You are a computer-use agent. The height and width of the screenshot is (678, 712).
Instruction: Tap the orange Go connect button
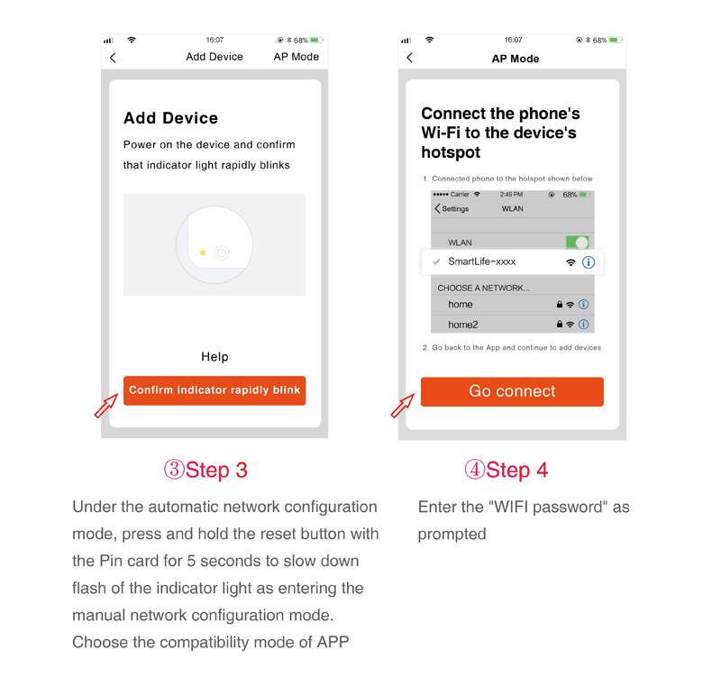[512, 391]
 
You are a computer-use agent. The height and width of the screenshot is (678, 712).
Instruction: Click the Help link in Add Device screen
[215, 356]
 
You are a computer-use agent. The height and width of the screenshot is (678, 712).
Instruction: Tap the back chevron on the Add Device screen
[113, 58]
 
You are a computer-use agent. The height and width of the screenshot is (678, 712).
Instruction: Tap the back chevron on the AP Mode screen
[409, 58]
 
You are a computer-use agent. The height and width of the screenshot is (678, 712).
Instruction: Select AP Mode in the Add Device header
[296, 57]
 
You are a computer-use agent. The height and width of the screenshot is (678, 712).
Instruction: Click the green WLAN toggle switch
[577, 242]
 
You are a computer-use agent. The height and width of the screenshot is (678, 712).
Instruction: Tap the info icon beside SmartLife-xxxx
[588, 262]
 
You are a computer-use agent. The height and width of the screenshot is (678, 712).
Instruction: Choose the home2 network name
[462, 325]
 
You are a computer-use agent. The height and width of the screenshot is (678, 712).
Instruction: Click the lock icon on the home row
[560, 304]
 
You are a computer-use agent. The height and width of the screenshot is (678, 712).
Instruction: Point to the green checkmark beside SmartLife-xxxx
[436, 261]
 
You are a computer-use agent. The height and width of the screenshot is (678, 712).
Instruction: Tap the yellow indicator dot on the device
[203, 252]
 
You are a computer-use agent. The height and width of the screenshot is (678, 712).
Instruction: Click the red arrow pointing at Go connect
[403, 405]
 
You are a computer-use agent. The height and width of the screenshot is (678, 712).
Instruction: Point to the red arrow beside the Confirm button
[106, 405]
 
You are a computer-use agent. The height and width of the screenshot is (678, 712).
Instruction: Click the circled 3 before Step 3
[174, 469]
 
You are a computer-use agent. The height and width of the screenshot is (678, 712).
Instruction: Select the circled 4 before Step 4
[474, 469]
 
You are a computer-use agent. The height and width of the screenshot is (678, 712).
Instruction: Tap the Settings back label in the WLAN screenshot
[455, 208]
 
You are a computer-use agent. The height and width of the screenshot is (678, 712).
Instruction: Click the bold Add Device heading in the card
[170, 118]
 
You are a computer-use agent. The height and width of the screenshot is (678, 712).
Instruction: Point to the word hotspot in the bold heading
[451, 152]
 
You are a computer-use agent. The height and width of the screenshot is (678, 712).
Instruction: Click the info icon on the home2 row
[584, 325]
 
